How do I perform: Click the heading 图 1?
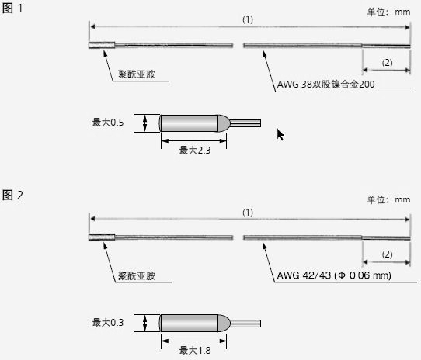click(x=12, y=9)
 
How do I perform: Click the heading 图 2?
click(x=12, y=195)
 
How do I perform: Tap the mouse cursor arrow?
click(x=280, y=135)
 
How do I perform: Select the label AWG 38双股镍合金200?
click(x=325, y=85)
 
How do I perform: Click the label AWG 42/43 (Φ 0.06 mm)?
click(x=334, y=275)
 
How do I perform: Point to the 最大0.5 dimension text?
click(x=108, y=123)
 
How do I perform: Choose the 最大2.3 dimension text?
click(x=195, y=151)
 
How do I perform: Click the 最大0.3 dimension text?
click(x=108, y=322)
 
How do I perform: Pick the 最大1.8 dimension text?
click(x=195, y=351)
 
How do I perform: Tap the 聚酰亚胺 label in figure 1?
click(x=137, y=74)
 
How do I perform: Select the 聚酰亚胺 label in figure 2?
click(x=137, y=275)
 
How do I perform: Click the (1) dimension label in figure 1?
click(x=248, y=19)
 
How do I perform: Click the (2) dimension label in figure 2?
click(x=387, y=254)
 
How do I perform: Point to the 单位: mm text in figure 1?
click(x=388, y=12)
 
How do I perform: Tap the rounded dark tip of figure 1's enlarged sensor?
click(x=224, y=123)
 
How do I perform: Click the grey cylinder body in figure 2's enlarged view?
click(x=189, y=323)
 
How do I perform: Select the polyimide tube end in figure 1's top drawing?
click(x=102, y=45)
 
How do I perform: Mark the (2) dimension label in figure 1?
click(x=387, y=63)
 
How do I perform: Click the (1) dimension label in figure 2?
click(x=248, y=213)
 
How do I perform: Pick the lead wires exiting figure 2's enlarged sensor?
click(x=245, y=324)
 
